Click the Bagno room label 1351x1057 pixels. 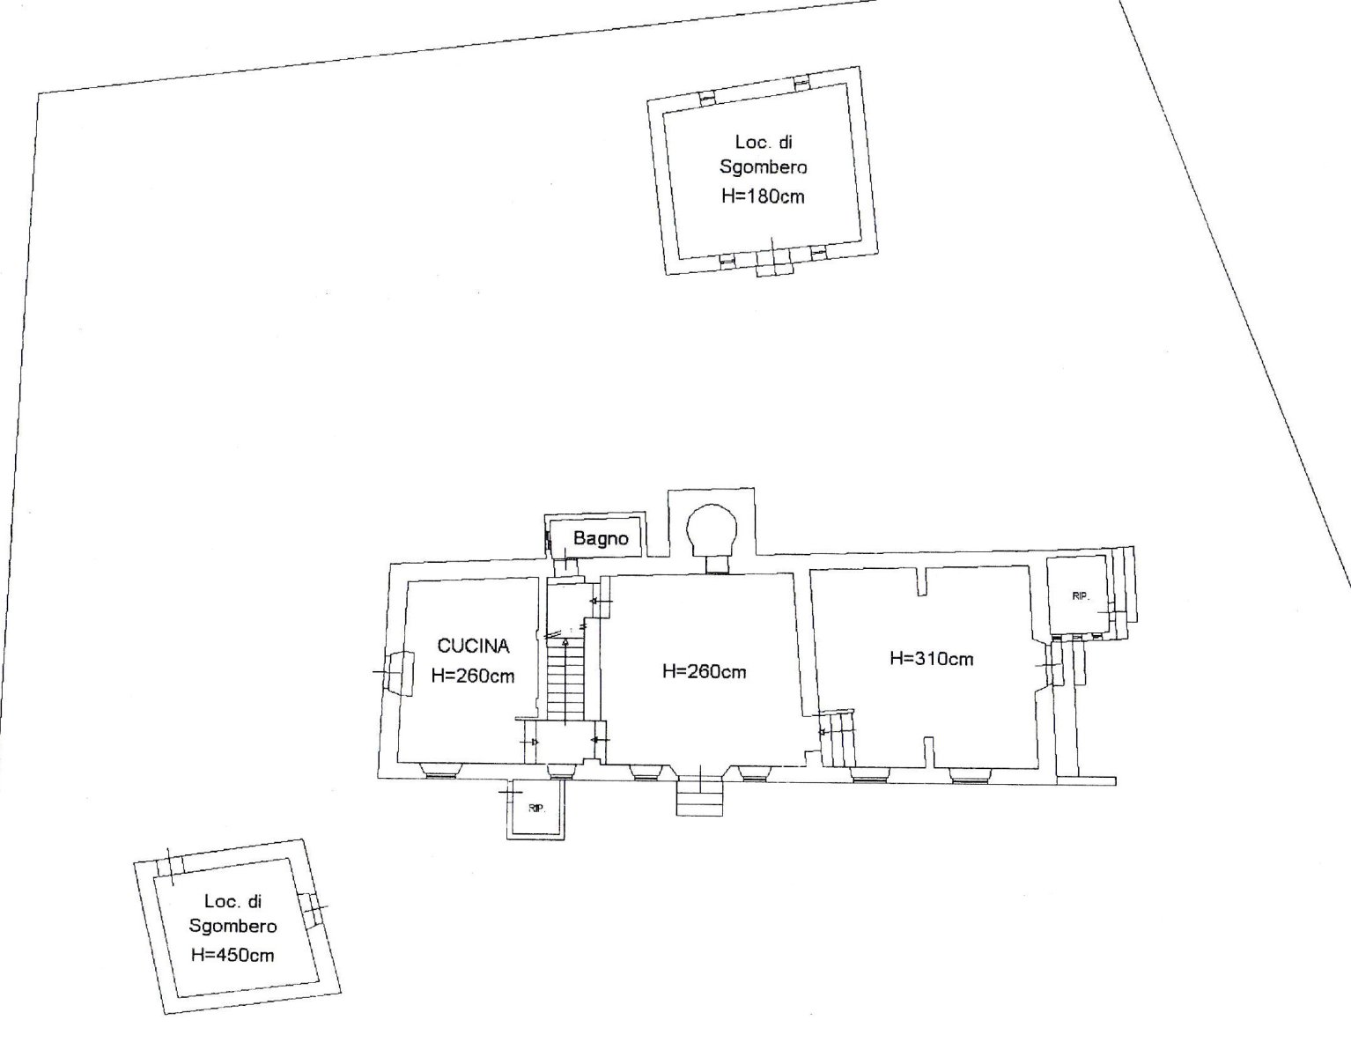click(x=600, y=538)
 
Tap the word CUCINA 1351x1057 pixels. click(x=473, y=646)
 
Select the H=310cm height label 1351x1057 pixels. click(x=931, y=659)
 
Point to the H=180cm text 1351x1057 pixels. click(x=763, y=196)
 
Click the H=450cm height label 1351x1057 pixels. click(x=233, y=955)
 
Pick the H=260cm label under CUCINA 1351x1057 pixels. click(x=473, y=676)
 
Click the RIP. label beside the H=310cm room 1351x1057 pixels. click(x=1081, y=595)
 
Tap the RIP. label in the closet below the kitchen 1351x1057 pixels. click(x=536, y=809)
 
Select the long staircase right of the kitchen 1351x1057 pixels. click(x=565, y=680)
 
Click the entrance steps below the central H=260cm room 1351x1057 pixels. click(x=700, y=796)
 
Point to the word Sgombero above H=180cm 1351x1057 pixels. click(x=763, y=168)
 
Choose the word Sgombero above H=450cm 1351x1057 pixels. click(x=233, y=927)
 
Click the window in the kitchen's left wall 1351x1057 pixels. click(x=399, y=672)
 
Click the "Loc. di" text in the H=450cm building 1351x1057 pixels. click(x=233, y=901)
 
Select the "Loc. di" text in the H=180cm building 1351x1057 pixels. click(x=764, y=143)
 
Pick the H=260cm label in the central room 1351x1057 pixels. click(x=704, y=671)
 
